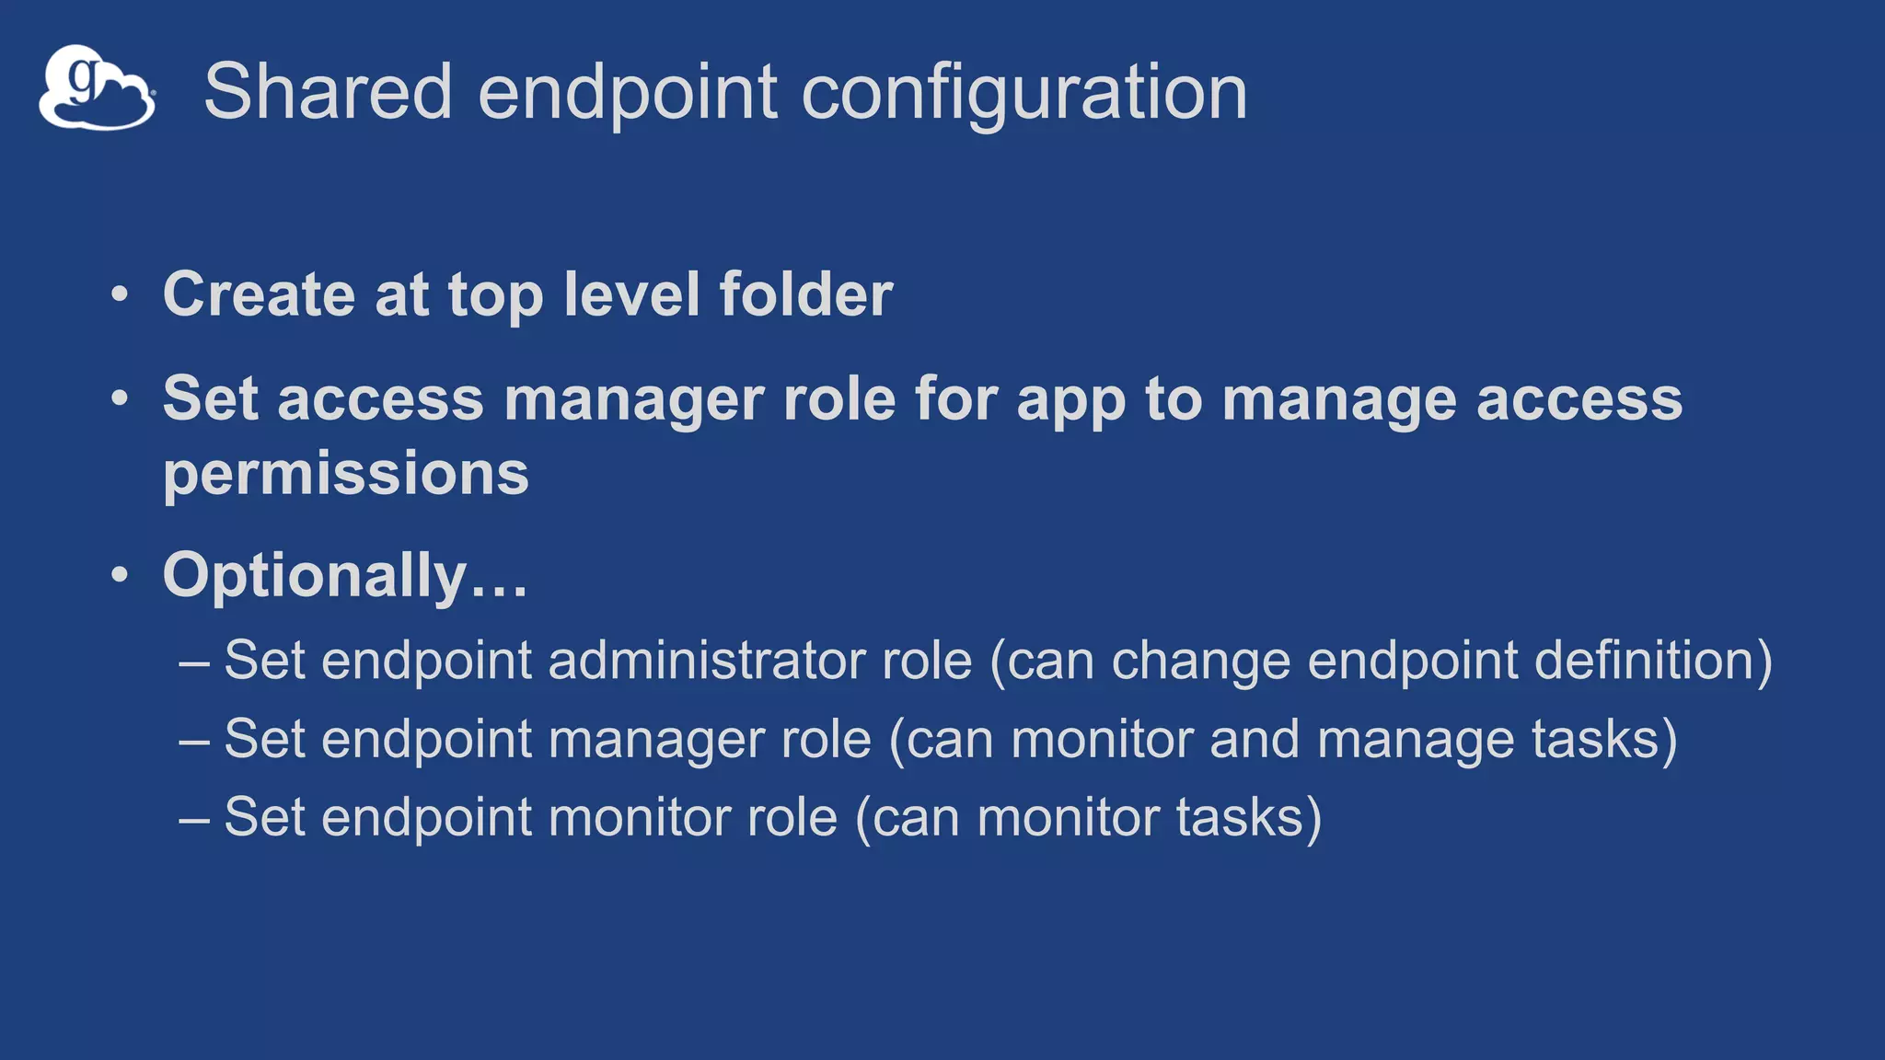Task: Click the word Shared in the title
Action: (x=328, y=91)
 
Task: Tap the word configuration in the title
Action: (x=1023, y=93)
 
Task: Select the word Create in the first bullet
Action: (x=259, y=294)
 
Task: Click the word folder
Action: (x=805, y=294)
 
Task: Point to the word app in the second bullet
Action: (x=1070, y=401)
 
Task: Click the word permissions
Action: (x=346, y=475)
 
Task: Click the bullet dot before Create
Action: (x=120, y=295)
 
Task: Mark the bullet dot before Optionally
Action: (x=120, y=575)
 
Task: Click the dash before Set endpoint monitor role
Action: (x=194, y=818)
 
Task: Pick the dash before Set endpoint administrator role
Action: (x=194, y=662)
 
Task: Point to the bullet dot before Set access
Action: (x=120, y=399)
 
